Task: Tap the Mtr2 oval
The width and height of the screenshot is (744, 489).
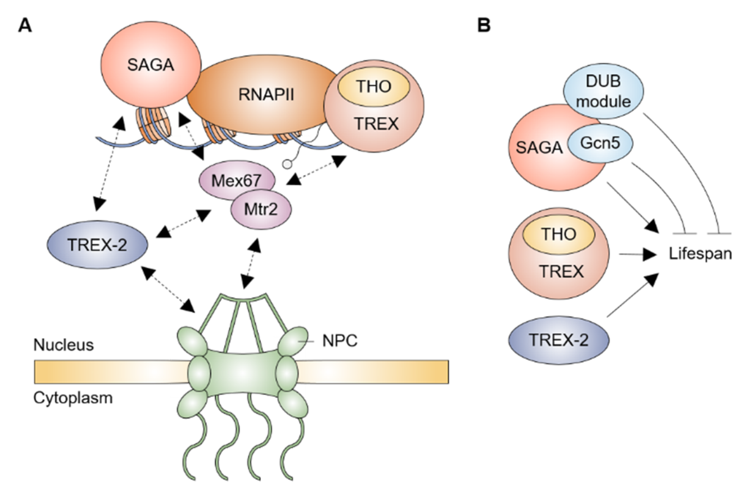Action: (x=261, y=209)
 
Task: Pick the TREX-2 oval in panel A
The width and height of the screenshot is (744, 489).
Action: (x=97, y=245)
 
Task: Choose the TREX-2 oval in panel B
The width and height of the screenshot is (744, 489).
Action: (x=559, y=340)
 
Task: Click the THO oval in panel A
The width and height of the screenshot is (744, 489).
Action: (x=374, y=86)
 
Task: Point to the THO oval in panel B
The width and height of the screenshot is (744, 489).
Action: (x=559, y=234)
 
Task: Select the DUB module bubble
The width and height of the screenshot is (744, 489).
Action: (x=603, y=91)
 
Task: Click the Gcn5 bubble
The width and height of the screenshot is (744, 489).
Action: (x=600, y=143)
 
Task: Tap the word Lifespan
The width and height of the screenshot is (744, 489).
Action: (x=700, y=254)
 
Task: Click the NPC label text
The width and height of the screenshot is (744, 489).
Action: (x=340, y=341)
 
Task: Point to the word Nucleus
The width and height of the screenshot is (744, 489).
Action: (x=64, y=345)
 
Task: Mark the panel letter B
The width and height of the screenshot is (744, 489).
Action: (x=483, y=25)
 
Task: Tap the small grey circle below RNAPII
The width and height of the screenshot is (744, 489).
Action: (x=288, y=164)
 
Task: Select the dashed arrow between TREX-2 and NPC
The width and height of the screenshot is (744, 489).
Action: (x=168, y=289)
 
